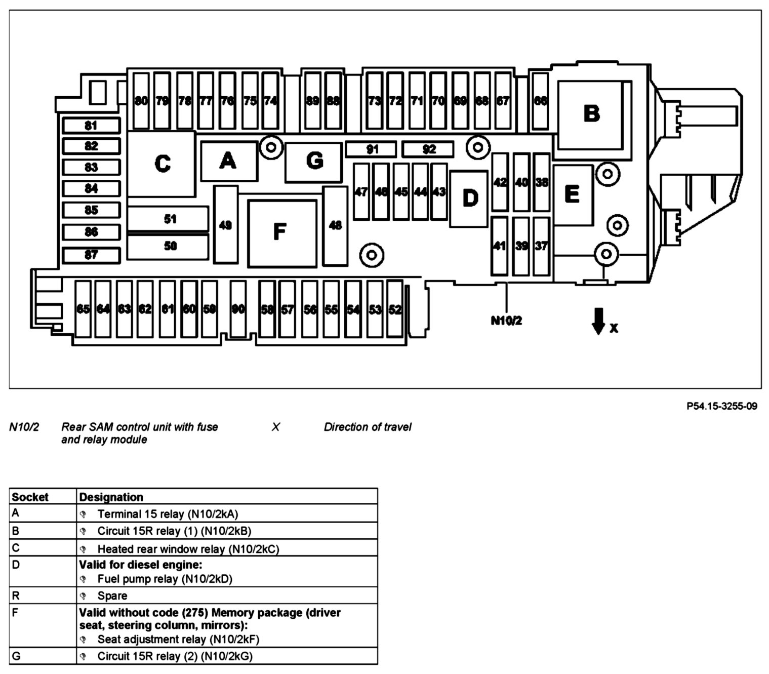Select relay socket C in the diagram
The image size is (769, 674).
tap(161, 164)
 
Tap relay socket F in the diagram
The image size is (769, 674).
tap(281, 232)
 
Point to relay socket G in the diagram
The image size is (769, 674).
tap(314, 162)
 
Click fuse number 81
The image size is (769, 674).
tap(91, 125)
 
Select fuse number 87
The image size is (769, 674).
tap(91, 255)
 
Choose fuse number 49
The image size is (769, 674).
tap(226, 224)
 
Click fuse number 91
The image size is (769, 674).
tap(372, 149)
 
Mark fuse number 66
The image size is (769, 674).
tap(541, 101)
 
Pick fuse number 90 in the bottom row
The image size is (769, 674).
tap(238, 308)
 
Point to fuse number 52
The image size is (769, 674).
tap(395, 308)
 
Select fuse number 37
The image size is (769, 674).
tap(541, 246)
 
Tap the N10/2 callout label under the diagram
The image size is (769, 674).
tap(506, 321)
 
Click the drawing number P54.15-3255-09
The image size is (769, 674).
tap(722, 406)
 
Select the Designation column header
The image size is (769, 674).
tap(111, 497)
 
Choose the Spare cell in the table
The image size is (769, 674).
tap(112, 596)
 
